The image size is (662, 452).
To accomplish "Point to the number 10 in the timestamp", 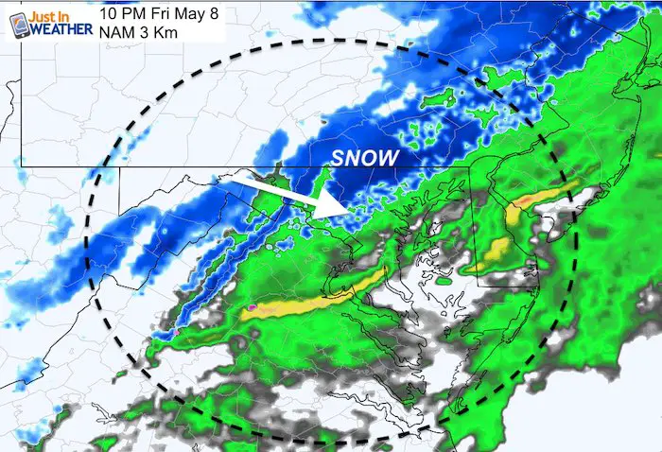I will point(107,12).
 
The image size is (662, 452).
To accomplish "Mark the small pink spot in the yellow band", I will point(253,307).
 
